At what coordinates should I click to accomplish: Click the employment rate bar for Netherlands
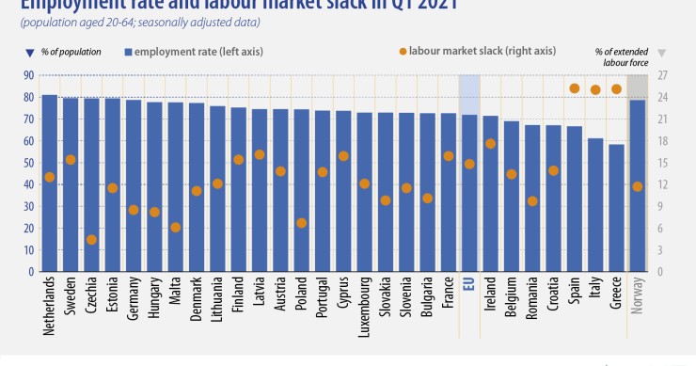[x=49, y=183]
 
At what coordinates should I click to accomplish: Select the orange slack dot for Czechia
[x=91, y=240]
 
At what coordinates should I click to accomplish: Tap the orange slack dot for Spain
[x=574, y=88]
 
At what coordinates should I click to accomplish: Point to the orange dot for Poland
[x=301, y=223]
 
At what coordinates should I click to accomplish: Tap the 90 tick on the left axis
[x=28, y=75]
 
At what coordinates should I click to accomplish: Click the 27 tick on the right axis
[x=662, y=75]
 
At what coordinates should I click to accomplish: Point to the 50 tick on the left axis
[x=28, y=163]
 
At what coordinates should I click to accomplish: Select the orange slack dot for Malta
[x=175, y=227]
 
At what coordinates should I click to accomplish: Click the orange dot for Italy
[x=595, y=90]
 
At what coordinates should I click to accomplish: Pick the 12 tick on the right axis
[x=662, y=184]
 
